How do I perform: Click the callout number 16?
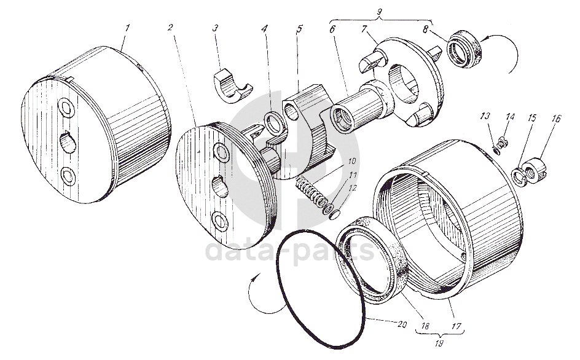pyautogui.click(x=556, y=119)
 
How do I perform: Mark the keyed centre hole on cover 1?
pyautogui.click(x=68, y=144)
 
